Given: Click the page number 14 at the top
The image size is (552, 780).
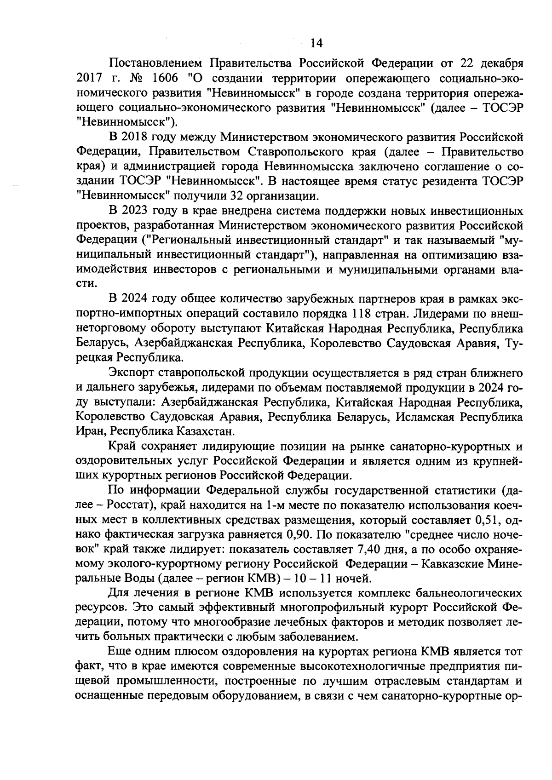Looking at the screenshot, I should pos(316,43).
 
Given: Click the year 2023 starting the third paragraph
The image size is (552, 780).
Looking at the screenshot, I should pos(133,211).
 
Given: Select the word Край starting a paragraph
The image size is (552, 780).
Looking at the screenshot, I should pos(121,447).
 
